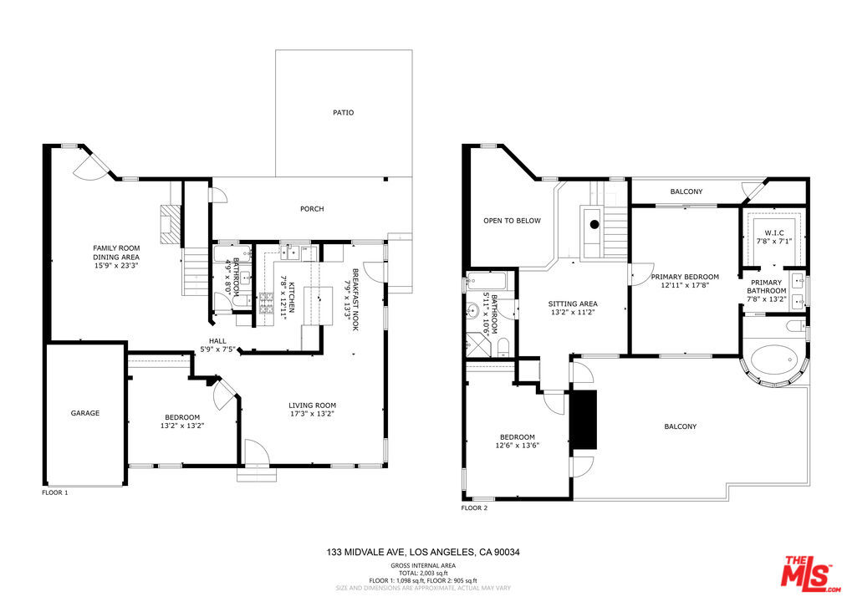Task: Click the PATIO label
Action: (x=343, y=112)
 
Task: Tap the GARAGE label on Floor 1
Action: (x=84, y=413)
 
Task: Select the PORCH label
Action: (x=312, y=209)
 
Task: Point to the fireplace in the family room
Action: (x=171, y=223)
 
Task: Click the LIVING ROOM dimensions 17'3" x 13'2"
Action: (x=312, y=416)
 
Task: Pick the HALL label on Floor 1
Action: (x=217, y=340)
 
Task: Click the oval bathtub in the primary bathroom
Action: (x=774, y=362)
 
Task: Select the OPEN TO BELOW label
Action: (x=512, y=221)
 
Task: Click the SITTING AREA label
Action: (x=573, y=304)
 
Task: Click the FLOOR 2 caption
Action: (x=474, y=508)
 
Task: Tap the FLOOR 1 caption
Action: (x=55, y=492)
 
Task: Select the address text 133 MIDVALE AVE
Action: (x=366, y=553)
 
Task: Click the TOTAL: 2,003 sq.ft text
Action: (x=423, y=574)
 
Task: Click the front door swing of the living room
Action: (x=254, y=452)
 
